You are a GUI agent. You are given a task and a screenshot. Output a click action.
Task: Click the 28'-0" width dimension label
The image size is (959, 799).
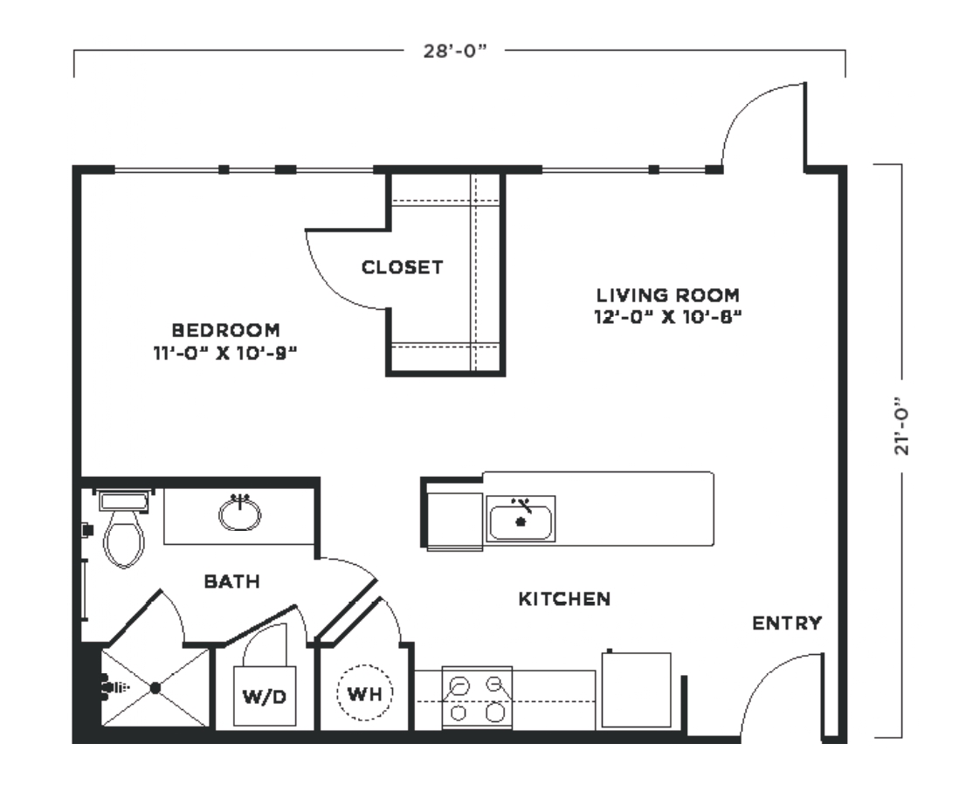click(x=455, y=52)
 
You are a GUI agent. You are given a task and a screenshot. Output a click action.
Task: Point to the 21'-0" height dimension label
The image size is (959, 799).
click(x=902, y=427)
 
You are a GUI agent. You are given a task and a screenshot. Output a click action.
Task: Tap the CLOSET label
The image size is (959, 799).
click(x=403, y=267)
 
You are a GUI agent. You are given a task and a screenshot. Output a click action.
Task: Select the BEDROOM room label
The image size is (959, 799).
click(x=225, y=330)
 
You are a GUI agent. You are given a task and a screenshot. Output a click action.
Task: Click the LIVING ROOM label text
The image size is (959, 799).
click(x=668, y=295)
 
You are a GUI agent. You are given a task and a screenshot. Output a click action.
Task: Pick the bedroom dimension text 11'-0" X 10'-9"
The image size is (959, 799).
click(x=225, y=353)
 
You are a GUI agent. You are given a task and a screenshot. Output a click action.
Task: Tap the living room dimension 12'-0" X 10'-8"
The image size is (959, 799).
click(x=668, y=317)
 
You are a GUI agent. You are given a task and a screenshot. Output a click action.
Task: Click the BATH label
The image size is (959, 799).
click(x=231, y=582)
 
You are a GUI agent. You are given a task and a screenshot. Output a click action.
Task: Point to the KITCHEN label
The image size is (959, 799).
click(x=564, y=599)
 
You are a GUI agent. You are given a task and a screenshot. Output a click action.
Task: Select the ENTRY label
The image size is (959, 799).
click(x=787, y=623)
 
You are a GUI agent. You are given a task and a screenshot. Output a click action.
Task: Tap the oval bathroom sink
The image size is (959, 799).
click(x=239, y=513)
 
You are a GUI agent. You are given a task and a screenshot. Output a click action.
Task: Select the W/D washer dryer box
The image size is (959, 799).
click(x=265, y=696)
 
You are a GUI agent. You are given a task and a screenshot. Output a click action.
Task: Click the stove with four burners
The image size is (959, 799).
click(x=477, y=698)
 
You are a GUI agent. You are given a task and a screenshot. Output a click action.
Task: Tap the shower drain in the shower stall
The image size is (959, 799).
click(x=155, y=688)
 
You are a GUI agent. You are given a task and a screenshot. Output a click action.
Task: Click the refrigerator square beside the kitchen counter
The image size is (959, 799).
click(x=636, y=690)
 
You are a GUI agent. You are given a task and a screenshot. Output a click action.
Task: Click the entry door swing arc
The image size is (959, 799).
click(x=764, y=672)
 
